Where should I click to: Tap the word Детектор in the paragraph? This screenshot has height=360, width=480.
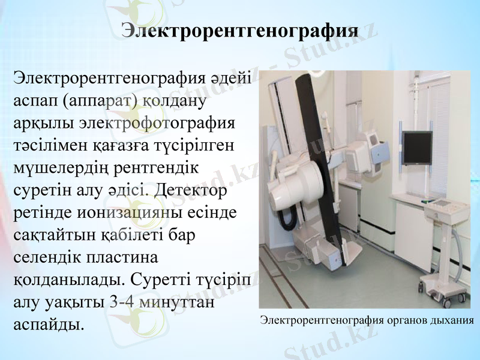pyautogui.click(x=191, y=191)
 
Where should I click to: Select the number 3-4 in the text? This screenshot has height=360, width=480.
pyautogui.click(x=123, y=302)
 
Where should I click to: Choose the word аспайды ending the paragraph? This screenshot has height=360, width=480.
pyautogui.click(x=48, y=325)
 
